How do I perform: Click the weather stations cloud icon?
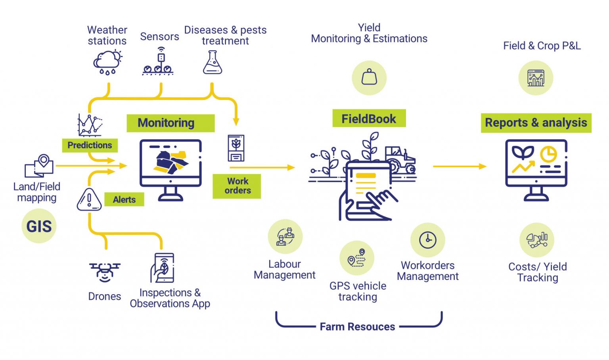(x=107, y=62)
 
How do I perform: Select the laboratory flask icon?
(x=212, y=63)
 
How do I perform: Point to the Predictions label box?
(x=90, y=145)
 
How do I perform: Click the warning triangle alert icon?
(x=89, y=199)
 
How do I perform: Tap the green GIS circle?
(x=39, y=226)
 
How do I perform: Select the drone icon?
(x=105, y=272)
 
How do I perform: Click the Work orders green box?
(x=237, y=186)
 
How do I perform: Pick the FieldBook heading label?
(x=369, y=119)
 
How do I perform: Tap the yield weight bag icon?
(x=369, y=78)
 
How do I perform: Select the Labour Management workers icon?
(x=285, y=237)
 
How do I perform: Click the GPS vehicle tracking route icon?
(x=357, y=258)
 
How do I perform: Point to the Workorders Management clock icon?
(x=428, y=240)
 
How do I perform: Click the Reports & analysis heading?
(x=536, y=123)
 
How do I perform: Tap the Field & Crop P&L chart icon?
(x=536, y=78)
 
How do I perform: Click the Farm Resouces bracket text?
(x=357, y=327)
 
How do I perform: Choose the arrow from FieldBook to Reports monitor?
(x=459, y=167)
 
